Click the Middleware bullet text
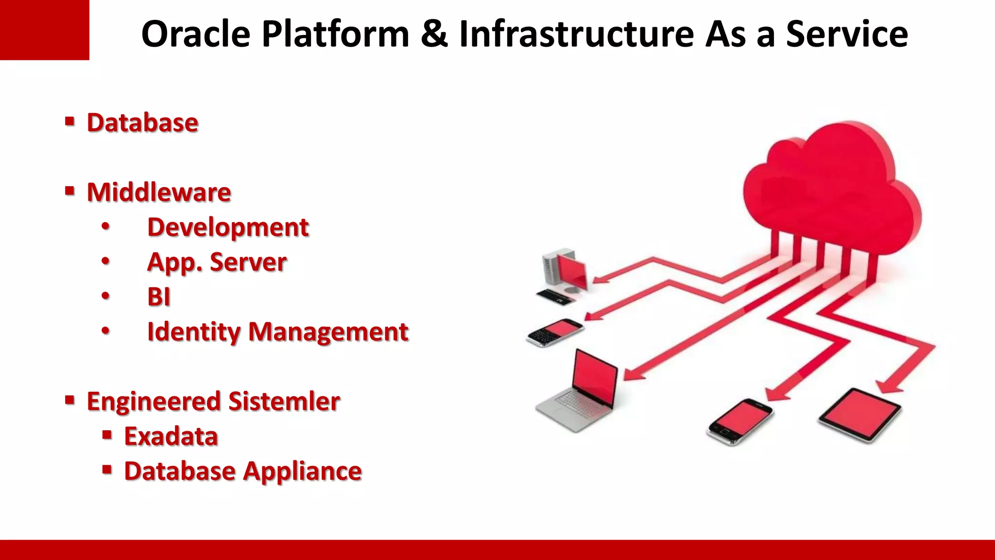159,192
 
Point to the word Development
228,227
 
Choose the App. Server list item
217,262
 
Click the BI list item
159,297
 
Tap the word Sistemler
284,402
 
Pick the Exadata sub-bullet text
171,437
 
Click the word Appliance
303,472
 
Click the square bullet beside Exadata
107,434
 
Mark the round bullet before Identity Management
105,331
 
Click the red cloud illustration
831,190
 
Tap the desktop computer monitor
572,270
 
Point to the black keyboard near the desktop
555,296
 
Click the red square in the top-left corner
44,30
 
